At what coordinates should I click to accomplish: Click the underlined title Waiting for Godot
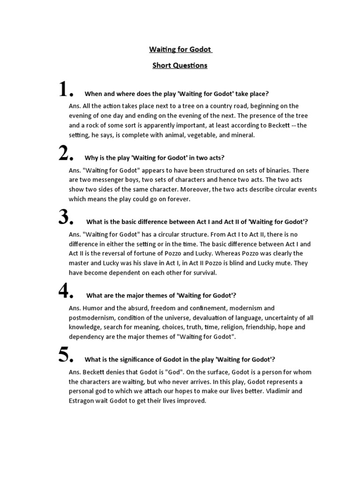180,49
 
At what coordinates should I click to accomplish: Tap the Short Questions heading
180,66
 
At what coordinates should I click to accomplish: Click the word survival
202,272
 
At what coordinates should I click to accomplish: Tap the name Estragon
85,401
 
